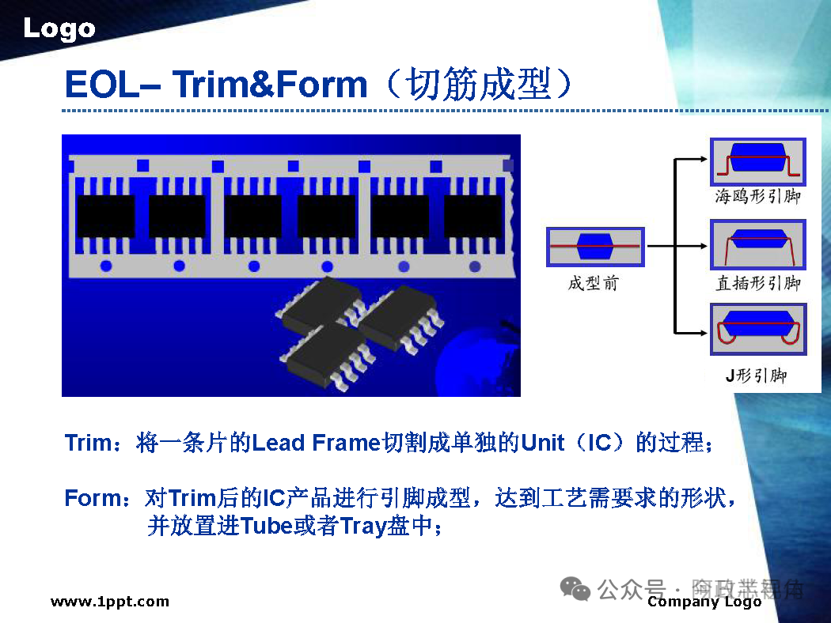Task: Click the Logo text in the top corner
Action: click(x=59, y=29)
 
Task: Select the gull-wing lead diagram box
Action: click(x=757, y=162)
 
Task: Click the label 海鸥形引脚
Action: click(x=757, y=196)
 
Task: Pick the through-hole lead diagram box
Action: click(x=757, y=245)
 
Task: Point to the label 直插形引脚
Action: click(x=757, y=283)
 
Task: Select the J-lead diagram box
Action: click(x=757, y=332)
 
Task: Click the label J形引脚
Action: click(x=757, y=376)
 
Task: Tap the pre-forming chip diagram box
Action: click(x=595, y=247)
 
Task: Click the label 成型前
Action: click(x=594, y=283)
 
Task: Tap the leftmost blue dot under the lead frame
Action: click(x=105, y=266)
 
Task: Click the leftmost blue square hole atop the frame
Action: click(x=143, y=165)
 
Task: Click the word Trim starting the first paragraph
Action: click(x=89, y=443)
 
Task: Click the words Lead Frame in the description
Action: click(x=317, y=443)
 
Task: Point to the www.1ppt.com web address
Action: click(x=110, y=602)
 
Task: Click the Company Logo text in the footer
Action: click(x=704, y=602)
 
